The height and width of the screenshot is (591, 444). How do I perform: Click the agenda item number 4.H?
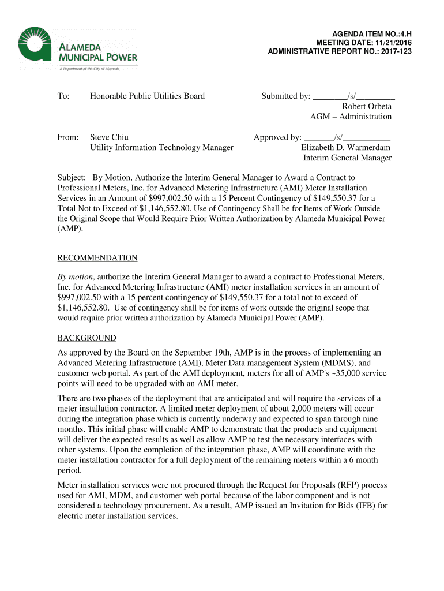(x=402, y=34)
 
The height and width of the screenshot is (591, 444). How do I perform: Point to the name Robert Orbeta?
(x=367, y=106)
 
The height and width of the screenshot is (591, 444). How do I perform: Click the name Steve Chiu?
(x=109, y=137)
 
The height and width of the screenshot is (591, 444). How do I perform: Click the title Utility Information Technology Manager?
(x=161, y=148)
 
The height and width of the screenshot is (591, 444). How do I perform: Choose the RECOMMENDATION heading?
(x=97, y=258)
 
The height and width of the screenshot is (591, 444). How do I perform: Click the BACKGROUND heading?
(x=86, y=338)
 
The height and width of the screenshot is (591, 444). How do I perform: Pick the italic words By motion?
(x=76, y=276)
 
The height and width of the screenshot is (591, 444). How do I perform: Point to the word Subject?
(x=72, y=178)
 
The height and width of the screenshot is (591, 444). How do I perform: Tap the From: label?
(x=67, y=137)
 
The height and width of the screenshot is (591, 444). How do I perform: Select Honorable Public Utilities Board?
(x=147, y=96)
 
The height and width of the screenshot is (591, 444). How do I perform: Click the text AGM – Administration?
(x=351, y=117)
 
